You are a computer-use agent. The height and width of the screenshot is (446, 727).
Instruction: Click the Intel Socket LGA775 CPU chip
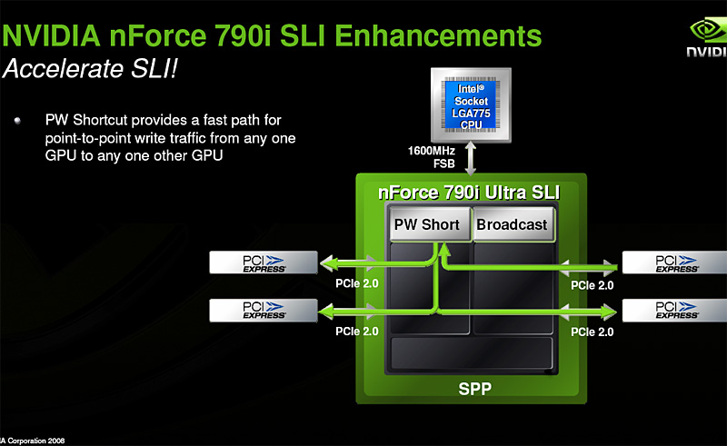pyautogui.click(x=471, y=107)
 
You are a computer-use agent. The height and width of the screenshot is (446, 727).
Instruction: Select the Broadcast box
pyautogui.click(x=512, y=224)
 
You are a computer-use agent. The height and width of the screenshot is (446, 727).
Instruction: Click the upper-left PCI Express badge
pyautogui.click(x=263, y=263)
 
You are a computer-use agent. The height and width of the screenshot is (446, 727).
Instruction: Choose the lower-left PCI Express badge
pyautogui.click(x=263, y=311)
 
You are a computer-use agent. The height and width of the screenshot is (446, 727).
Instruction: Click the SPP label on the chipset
pyautogui.click(x=471, y=391)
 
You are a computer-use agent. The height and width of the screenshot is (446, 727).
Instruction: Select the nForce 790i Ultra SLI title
pyautogui.click(x=469, y=193)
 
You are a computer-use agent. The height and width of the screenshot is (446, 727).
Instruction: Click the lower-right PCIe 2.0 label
pyautogui.click(x=592, y=332)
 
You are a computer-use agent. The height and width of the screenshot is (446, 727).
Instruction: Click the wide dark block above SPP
pyautogui.click(x=471, y=354)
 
